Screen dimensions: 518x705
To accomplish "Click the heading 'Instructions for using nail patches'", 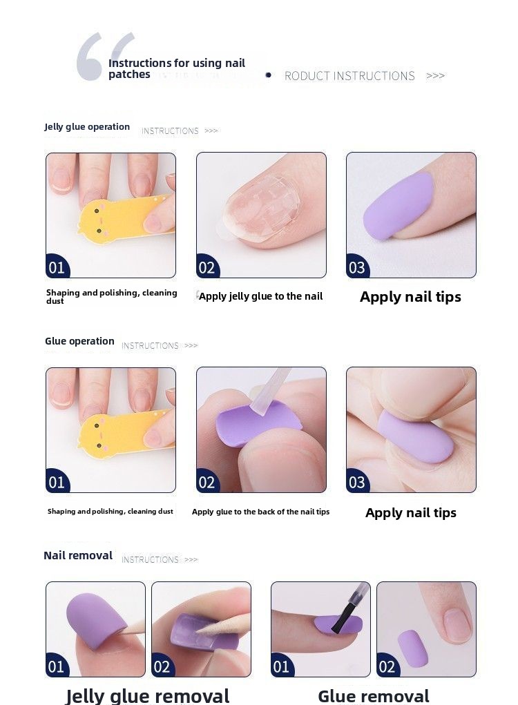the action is click(176, 68).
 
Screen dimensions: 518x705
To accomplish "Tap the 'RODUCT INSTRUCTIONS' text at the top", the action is click(349, 75).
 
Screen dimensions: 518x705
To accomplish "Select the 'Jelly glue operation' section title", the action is click(87, 126).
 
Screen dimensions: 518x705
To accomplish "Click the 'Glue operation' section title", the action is click(79, 341).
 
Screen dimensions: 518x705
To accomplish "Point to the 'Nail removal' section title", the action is click(78, 555).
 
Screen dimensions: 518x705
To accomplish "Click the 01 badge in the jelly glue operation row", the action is click(56, 267).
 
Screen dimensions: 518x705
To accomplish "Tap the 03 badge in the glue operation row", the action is click(357, 481).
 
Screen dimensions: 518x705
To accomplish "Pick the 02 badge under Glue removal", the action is click(387, 666).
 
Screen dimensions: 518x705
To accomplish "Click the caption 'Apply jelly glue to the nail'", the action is click(261, 296).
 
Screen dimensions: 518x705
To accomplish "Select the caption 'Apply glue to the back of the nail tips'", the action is click(261, 512).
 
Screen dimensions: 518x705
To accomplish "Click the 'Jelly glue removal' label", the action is click(148, 696).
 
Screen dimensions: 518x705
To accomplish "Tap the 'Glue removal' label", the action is click(374, 696).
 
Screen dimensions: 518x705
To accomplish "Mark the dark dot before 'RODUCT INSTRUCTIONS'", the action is click(269, 75).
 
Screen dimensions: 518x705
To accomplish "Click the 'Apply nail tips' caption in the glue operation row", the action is click(410, 512).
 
